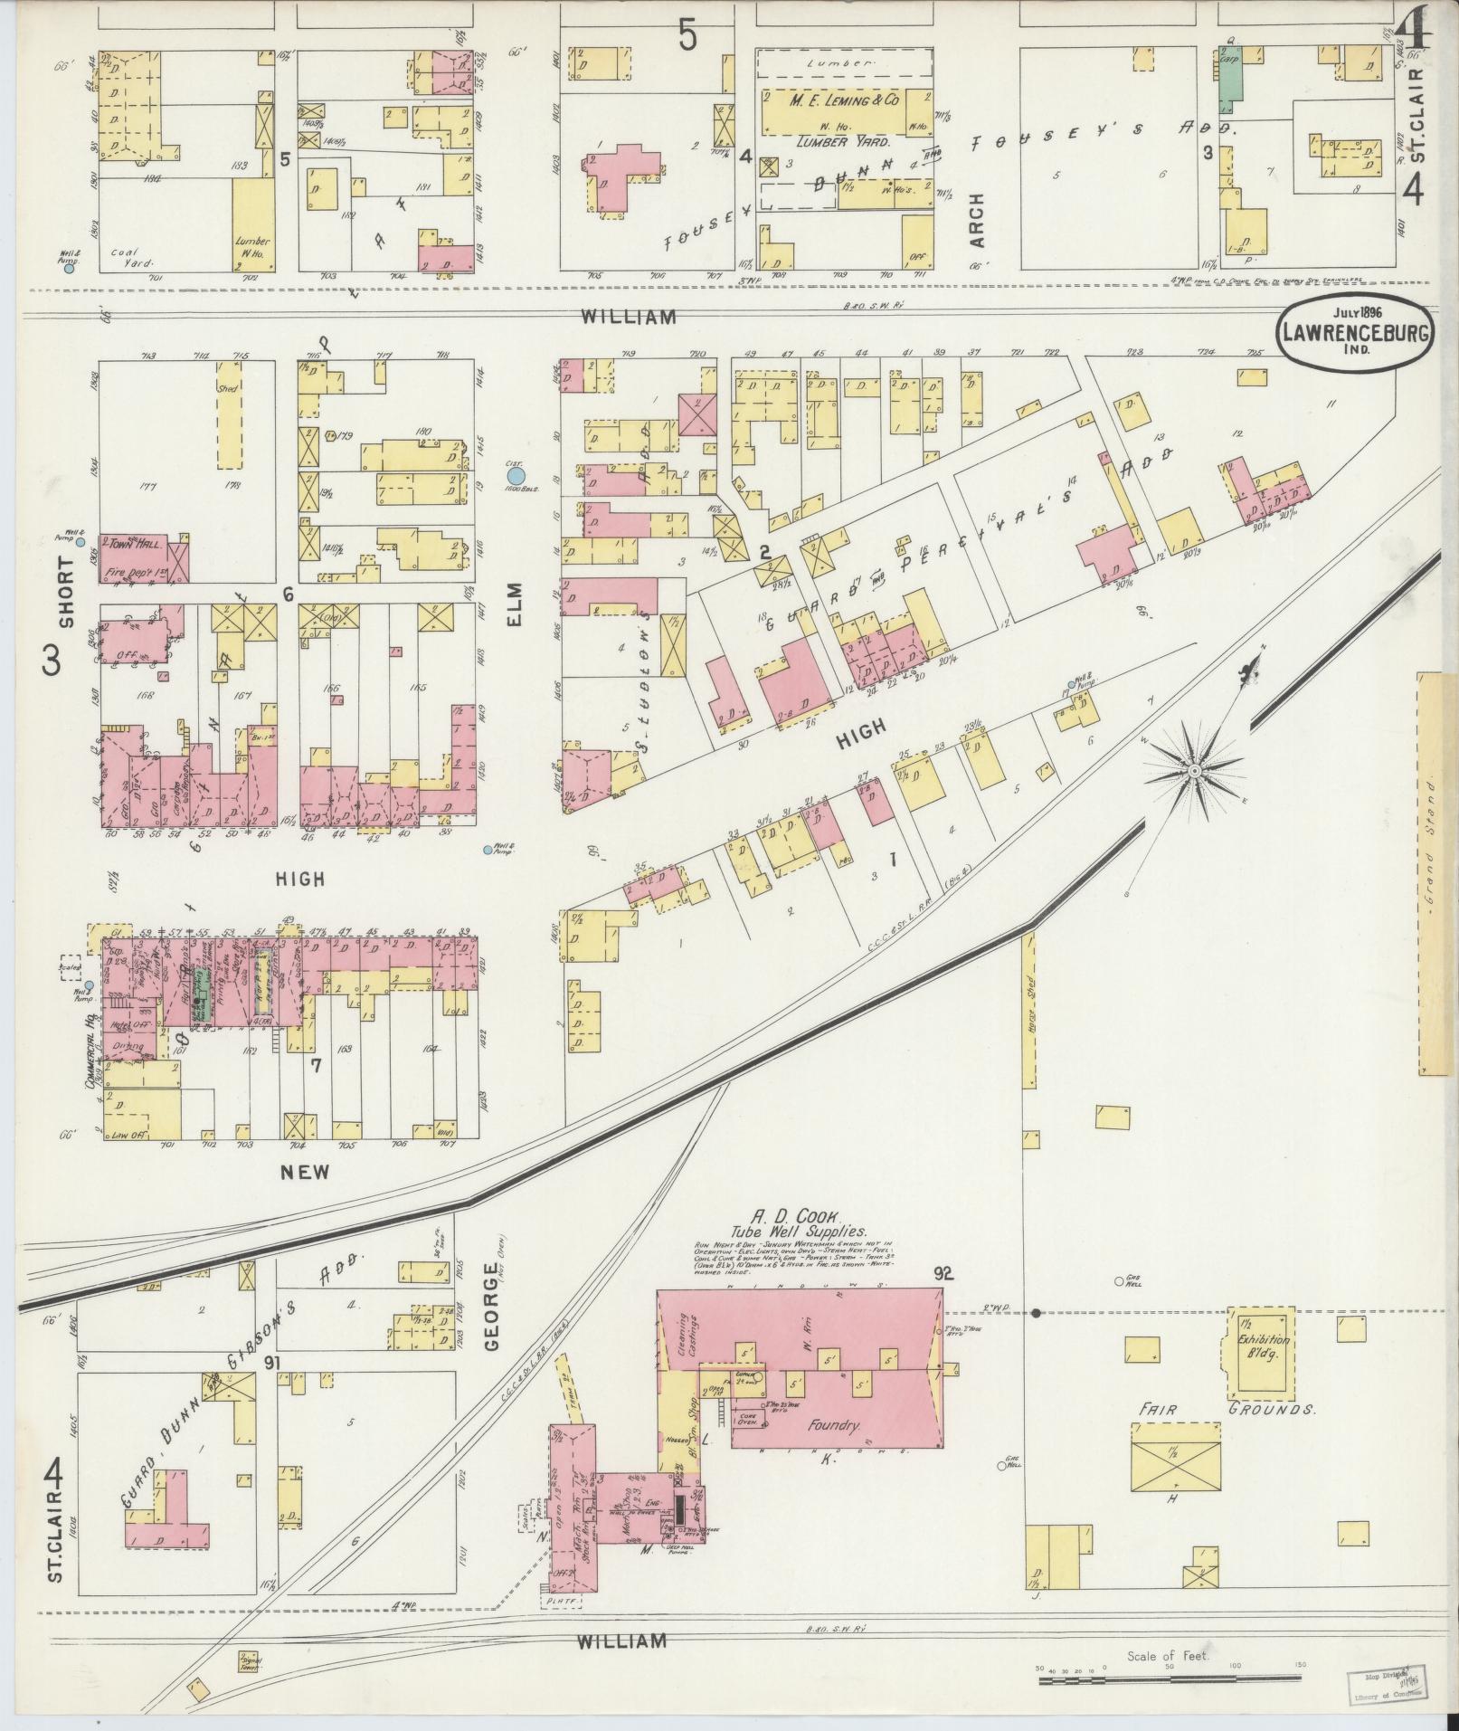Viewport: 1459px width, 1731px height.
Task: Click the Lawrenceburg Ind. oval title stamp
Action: pyautogui.click(x=1354, y=334)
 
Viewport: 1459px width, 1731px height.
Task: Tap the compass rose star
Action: pyautogui.click(x=1194, y=770)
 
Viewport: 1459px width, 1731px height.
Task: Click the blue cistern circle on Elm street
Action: pyautogui.click(x=516, y=475)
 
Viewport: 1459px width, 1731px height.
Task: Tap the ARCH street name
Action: pyautogui.click(x=977, y=220)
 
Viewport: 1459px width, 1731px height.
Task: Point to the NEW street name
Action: pyautogui.click(x=304, y=1172)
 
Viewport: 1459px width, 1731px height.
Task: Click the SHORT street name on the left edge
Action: pyautogui.click(x=66, y=604)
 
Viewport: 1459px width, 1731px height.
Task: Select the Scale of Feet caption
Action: pyautogui.click(x=1168, y=1657)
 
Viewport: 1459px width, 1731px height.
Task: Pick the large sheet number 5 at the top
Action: pyautogui.click(x=688, y=36)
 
